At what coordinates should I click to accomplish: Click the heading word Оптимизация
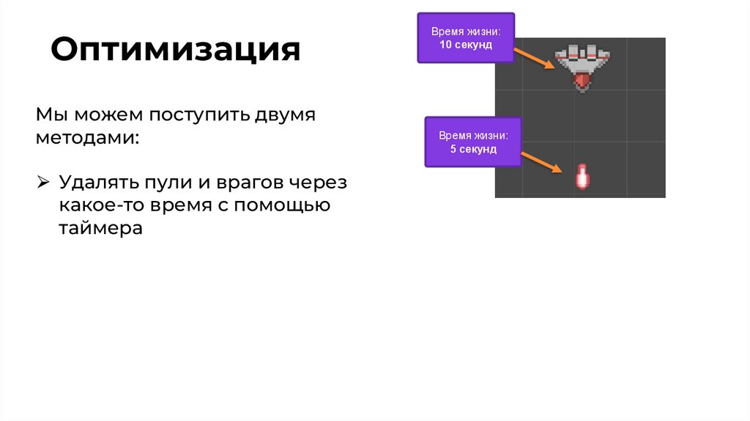click(175, 50)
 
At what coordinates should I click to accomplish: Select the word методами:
click(86, 138)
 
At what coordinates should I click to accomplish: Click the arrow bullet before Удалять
click(43, 181)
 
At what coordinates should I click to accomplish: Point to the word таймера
click(100, 228)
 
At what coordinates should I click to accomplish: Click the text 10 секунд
click(465, 45)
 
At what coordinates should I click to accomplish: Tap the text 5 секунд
click(473, 149)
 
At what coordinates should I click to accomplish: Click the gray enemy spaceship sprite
click(582, 61)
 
